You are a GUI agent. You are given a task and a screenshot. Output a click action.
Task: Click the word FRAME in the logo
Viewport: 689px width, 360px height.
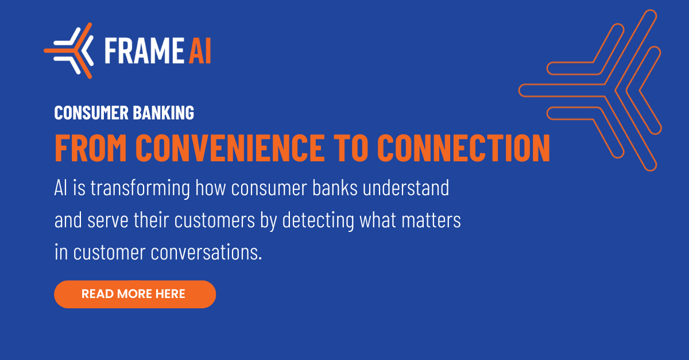(x=144, y=51)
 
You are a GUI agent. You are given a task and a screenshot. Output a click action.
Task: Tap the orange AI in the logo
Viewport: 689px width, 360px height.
(x=200, y=51)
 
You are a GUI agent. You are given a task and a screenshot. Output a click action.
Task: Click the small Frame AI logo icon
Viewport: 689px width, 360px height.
(x=68, y=51)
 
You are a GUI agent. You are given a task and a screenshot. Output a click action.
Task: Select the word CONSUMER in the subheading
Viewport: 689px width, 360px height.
(x=91, y=113)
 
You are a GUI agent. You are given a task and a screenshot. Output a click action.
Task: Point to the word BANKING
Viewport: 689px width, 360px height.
(x=164, y=113)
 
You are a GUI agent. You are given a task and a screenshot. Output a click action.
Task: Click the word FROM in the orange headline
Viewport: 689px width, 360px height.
(x=91, y=148)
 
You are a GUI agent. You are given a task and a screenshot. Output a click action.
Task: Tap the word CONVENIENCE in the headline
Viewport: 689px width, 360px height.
(x=230, y=148)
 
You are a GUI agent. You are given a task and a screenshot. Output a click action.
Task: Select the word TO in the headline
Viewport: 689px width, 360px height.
(x=351, y=148)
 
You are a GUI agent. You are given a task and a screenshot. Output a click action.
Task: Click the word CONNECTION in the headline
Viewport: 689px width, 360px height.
(x=463, y=148)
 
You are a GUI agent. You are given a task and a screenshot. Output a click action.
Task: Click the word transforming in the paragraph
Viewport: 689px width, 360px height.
(x=140, y=188)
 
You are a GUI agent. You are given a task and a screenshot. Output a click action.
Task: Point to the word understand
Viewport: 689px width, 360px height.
(x=406, y=187)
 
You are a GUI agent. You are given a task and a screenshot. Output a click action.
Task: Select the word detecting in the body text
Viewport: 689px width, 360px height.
(x=318, y=220)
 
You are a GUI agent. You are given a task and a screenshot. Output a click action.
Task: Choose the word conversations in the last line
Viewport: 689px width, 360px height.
(x=206, y=252)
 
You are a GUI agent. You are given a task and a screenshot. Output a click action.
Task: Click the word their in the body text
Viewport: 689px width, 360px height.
(x=152, y=220)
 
